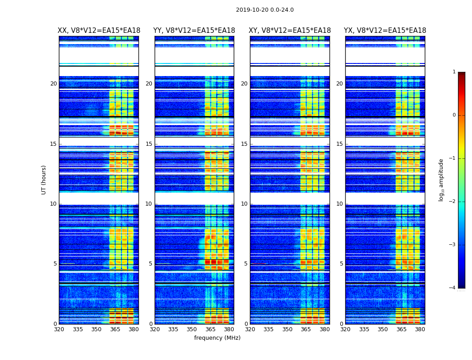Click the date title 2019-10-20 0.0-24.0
(x=265, y=10)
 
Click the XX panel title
(x=99, y=31)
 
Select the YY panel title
(x=194, y=31)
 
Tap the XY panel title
(x=290, y=31)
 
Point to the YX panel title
(x=385, y=31)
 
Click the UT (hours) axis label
(x=44, y=180)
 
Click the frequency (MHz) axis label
(x=217, y=338)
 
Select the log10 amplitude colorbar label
(x=441, y=180)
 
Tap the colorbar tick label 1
(x=454, y=72)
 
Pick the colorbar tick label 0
(x=454, y=115)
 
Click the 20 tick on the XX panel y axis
(x=53, y=84)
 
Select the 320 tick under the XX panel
(x=59, y=329)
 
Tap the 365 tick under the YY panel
(x=210, y=329)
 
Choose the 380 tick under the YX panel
(x=420, y=329)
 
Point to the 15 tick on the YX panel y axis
(x=339, y=144)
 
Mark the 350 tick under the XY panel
(x=287, y=329)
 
